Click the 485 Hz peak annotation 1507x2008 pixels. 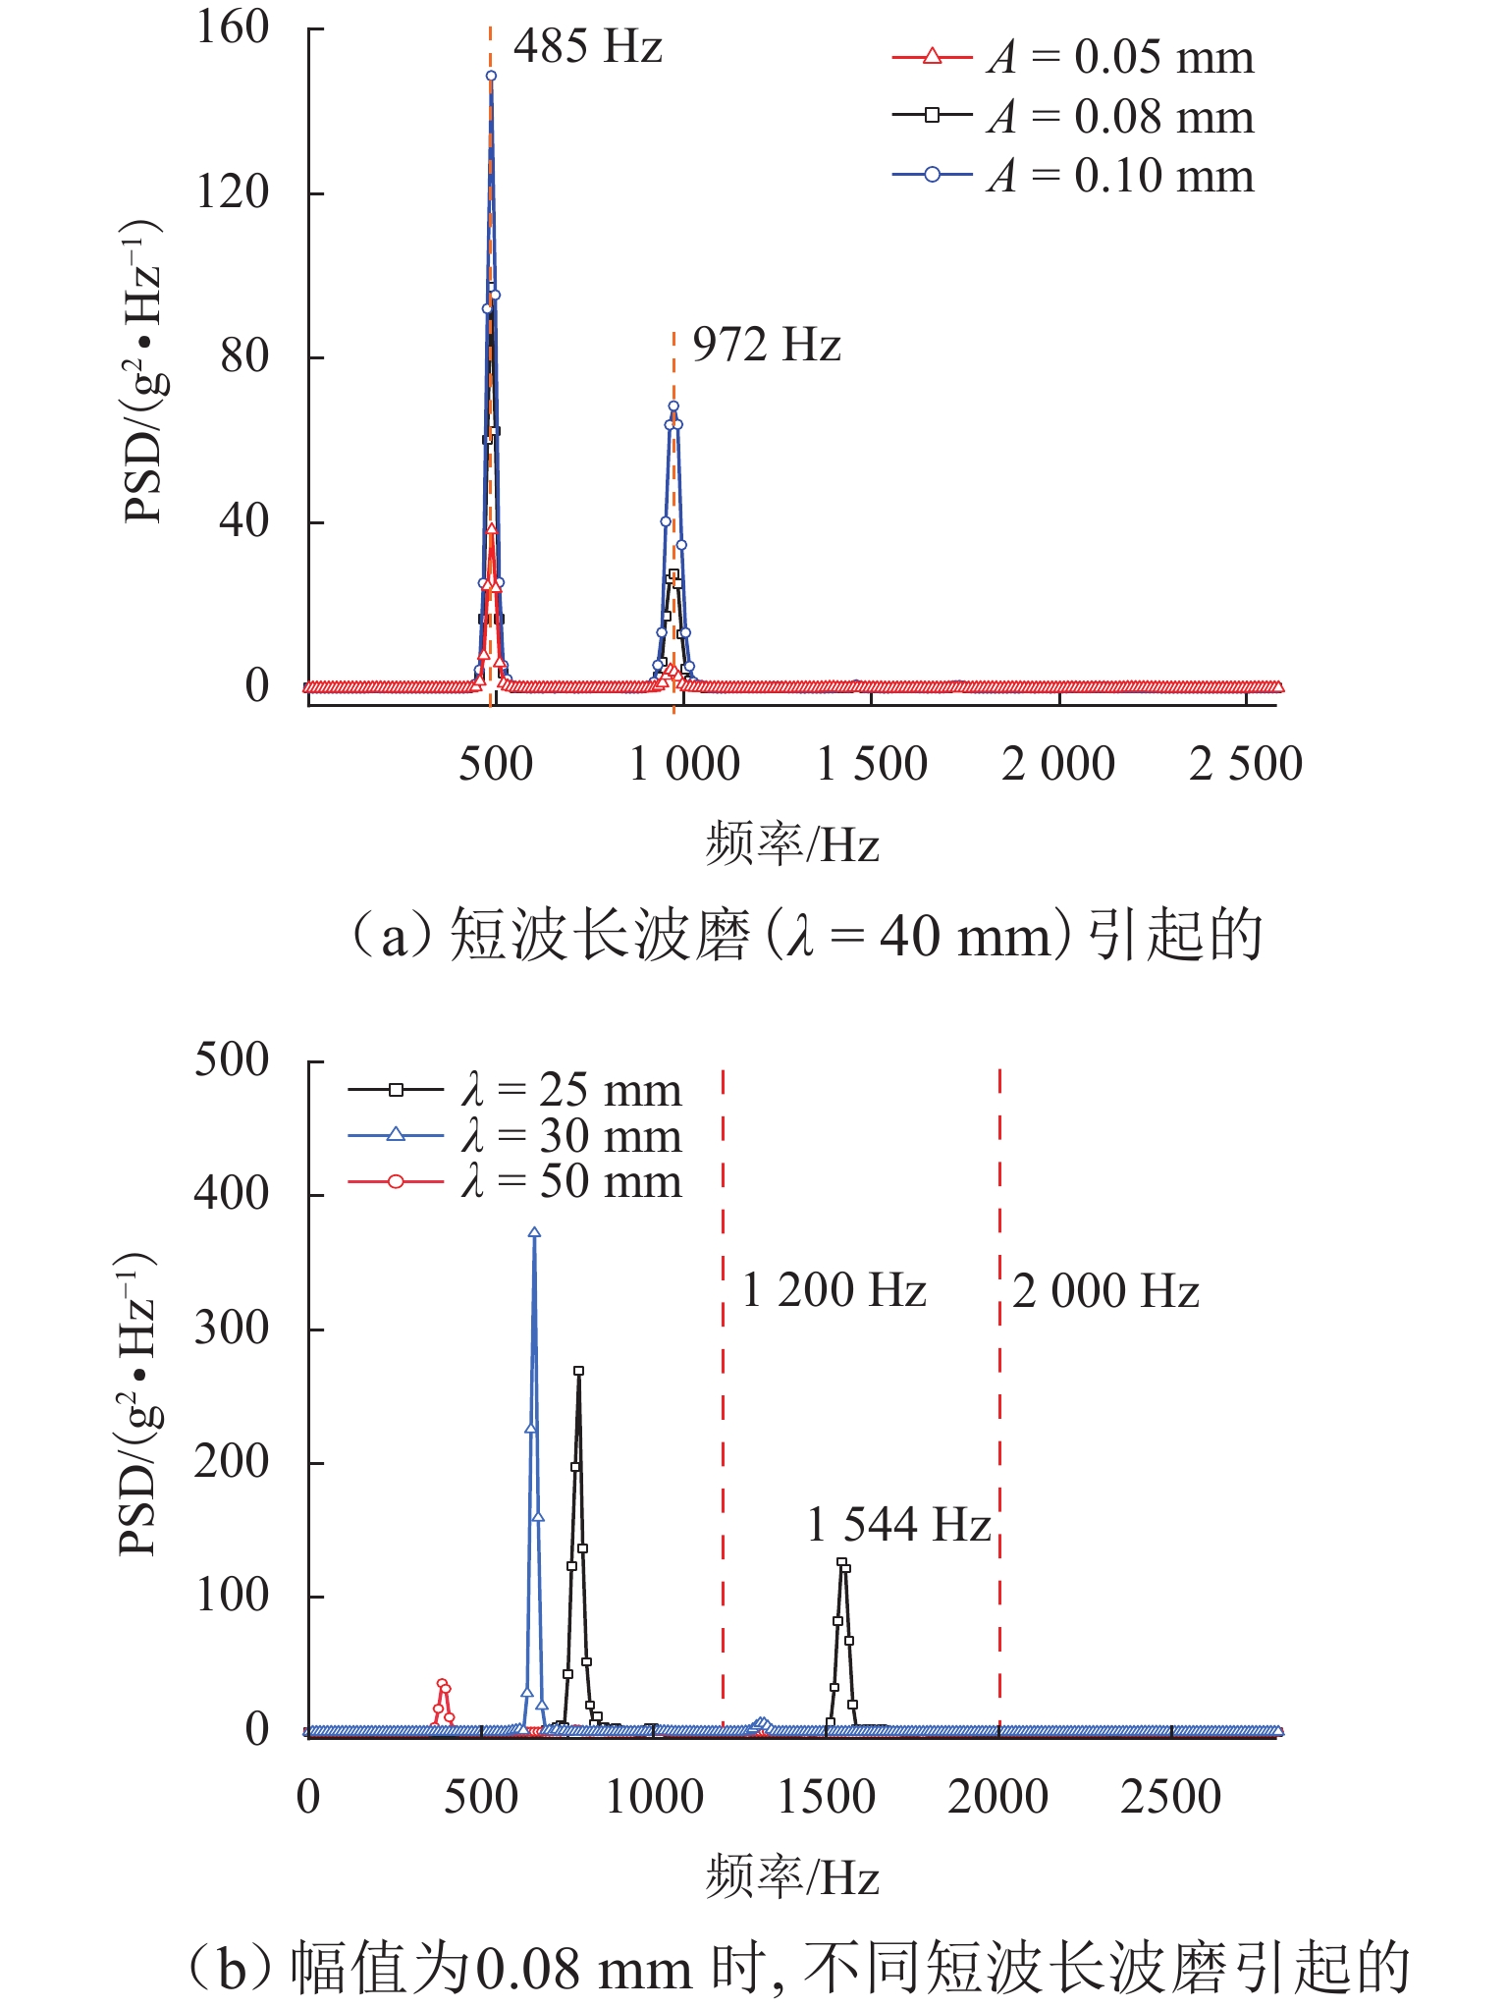click(587, 46)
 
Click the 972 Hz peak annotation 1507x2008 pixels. click(766, 345)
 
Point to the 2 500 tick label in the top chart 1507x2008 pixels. click(1245, 764)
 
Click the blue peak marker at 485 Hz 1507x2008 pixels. click(491, 76)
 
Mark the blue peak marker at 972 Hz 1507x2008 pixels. click(673, 406)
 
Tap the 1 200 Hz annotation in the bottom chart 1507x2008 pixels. click(834, 1290)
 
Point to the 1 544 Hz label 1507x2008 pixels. click(898, 1525)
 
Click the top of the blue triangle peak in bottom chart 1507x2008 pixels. click(534, 1232)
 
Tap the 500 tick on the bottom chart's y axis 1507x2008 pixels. click(232, 1060)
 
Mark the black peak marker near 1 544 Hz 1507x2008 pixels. click(841, 1562)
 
